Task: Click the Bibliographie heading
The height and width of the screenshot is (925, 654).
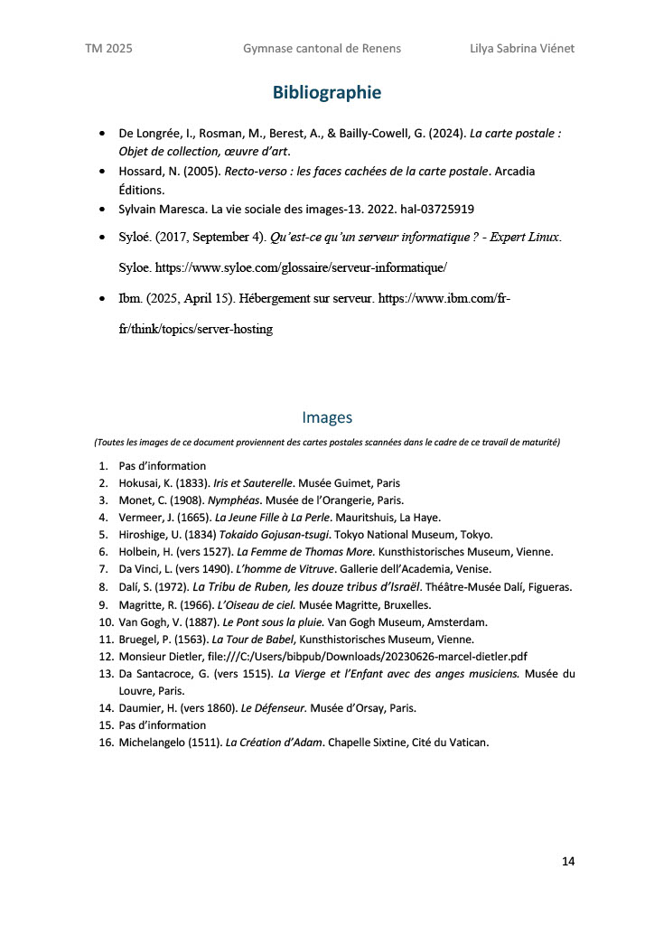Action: [327, 92]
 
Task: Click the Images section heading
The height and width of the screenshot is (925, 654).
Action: [327, 417]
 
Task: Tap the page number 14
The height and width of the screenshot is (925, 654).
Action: [568, 861]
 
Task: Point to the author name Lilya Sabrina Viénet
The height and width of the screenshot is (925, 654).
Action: [522, 48]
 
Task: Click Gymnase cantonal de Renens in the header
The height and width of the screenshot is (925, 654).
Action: [322, 48]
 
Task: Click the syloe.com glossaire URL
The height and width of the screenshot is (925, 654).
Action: [302, 268]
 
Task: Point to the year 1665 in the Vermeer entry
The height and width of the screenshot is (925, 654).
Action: [191, 518]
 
